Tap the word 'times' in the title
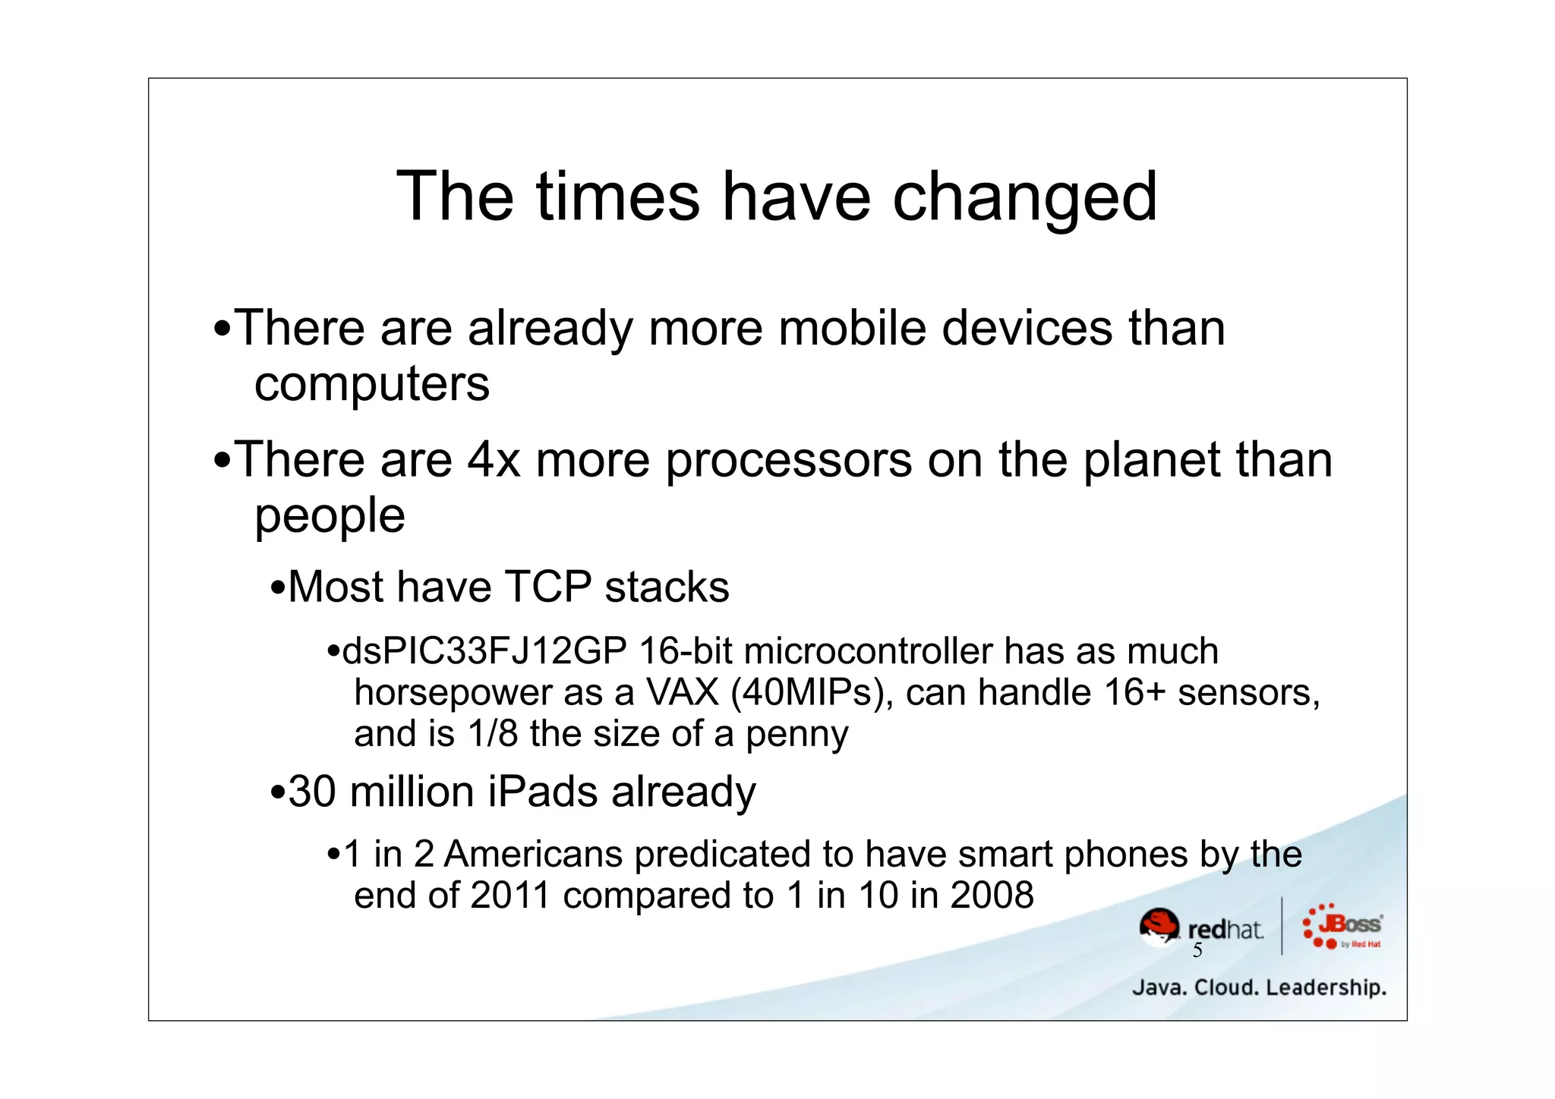(617, 197)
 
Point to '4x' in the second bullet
(494, 461)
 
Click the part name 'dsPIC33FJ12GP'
(484, 652)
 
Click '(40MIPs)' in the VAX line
(812, 693)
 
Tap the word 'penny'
(796, 734)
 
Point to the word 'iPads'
(542, 792)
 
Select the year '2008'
(992, 896)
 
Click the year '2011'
(509, 896)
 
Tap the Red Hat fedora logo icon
(1159, 927)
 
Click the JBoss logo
(1342, 926)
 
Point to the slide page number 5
(1197, 951)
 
